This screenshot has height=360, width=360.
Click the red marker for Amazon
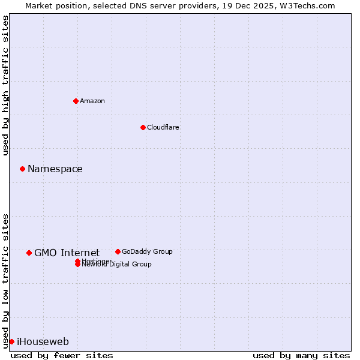tap(76, 101)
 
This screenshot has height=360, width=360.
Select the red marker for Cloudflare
tap(143, 127)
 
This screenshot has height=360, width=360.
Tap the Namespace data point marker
tap(22, 169)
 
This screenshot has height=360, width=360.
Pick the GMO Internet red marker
tap(29, 253)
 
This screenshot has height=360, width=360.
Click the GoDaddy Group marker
tap(118, 251)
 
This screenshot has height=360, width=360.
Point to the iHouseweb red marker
tap(11, 341)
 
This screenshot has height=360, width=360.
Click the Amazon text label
tap(92, 101)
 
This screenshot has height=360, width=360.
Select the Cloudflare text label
tap(163, 127)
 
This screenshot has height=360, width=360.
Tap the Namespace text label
tap(55, 169)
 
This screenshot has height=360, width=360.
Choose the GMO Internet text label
tap(67, 253)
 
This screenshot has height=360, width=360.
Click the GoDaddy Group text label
tap(147, 251)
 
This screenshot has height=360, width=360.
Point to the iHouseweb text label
tap(43, 342)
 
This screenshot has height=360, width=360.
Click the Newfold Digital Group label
tap(117, 265)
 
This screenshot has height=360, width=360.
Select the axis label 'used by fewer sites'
tap(62, 355)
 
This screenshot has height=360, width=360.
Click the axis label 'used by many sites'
tap(301, 355)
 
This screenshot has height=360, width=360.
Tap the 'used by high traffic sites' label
tap(5, 85)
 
